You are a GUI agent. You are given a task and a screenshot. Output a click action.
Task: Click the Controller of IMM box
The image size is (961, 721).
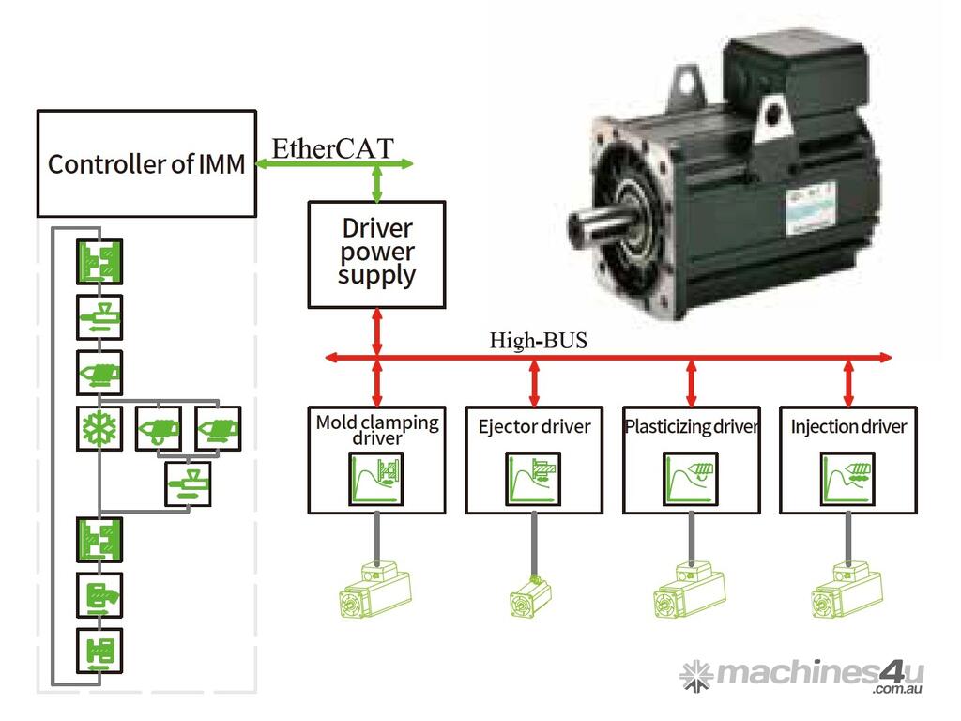tap(146, 163)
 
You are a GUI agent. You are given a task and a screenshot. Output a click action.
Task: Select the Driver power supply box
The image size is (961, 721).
tap(376, 253)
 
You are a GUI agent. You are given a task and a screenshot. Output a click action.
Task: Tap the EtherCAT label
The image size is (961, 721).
tap(332, 147)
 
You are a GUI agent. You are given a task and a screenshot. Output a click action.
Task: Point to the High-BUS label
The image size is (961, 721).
tap(538, 340)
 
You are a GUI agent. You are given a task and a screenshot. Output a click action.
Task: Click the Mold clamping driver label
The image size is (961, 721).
tap(376, 429)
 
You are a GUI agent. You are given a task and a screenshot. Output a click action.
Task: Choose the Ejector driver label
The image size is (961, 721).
tap(534, 427)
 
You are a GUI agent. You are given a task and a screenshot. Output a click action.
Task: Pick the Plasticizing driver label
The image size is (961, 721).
tap(692, 427)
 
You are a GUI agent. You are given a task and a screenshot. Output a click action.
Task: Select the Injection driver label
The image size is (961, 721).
tap(848, 427)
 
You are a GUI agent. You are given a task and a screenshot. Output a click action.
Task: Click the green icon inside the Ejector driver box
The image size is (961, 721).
tap(534, 477)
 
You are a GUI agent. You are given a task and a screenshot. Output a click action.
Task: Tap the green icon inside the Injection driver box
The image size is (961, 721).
tap(848, 477)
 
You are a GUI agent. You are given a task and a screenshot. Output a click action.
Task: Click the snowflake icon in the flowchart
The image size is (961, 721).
tap(99, 429)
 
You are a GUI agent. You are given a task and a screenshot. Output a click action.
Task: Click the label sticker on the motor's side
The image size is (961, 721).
tap(805, 202)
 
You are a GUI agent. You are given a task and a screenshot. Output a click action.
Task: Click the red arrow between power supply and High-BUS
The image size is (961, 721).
tap(377, 333)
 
